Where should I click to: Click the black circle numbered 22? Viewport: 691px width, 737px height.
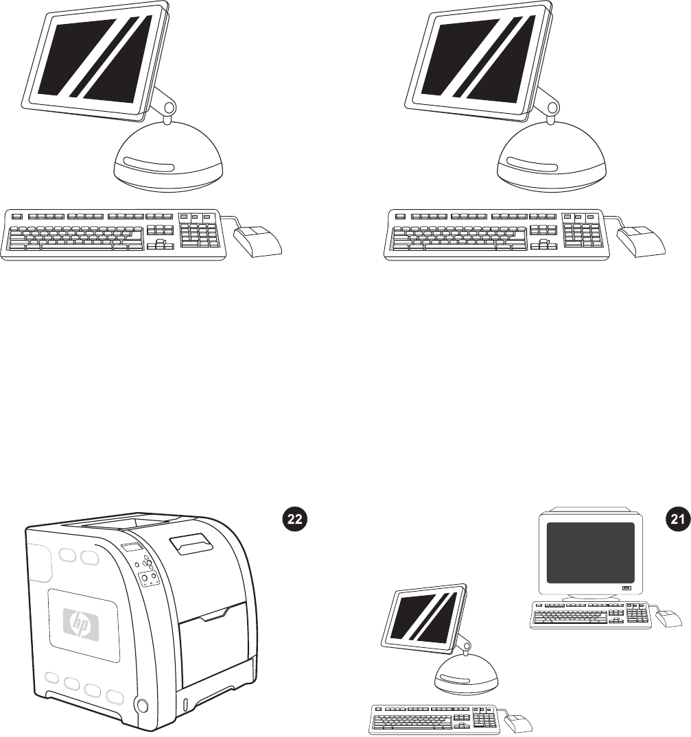point(293,520)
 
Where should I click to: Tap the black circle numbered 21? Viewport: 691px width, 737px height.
point(677,520)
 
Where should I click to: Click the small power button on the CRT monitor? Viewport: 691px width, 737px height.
point(626,588)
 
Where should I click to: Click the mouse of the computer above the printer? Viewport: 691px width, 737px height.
point(258,241)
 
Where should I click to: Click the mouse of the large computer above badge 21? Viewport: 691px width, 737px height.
point(642,241)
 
